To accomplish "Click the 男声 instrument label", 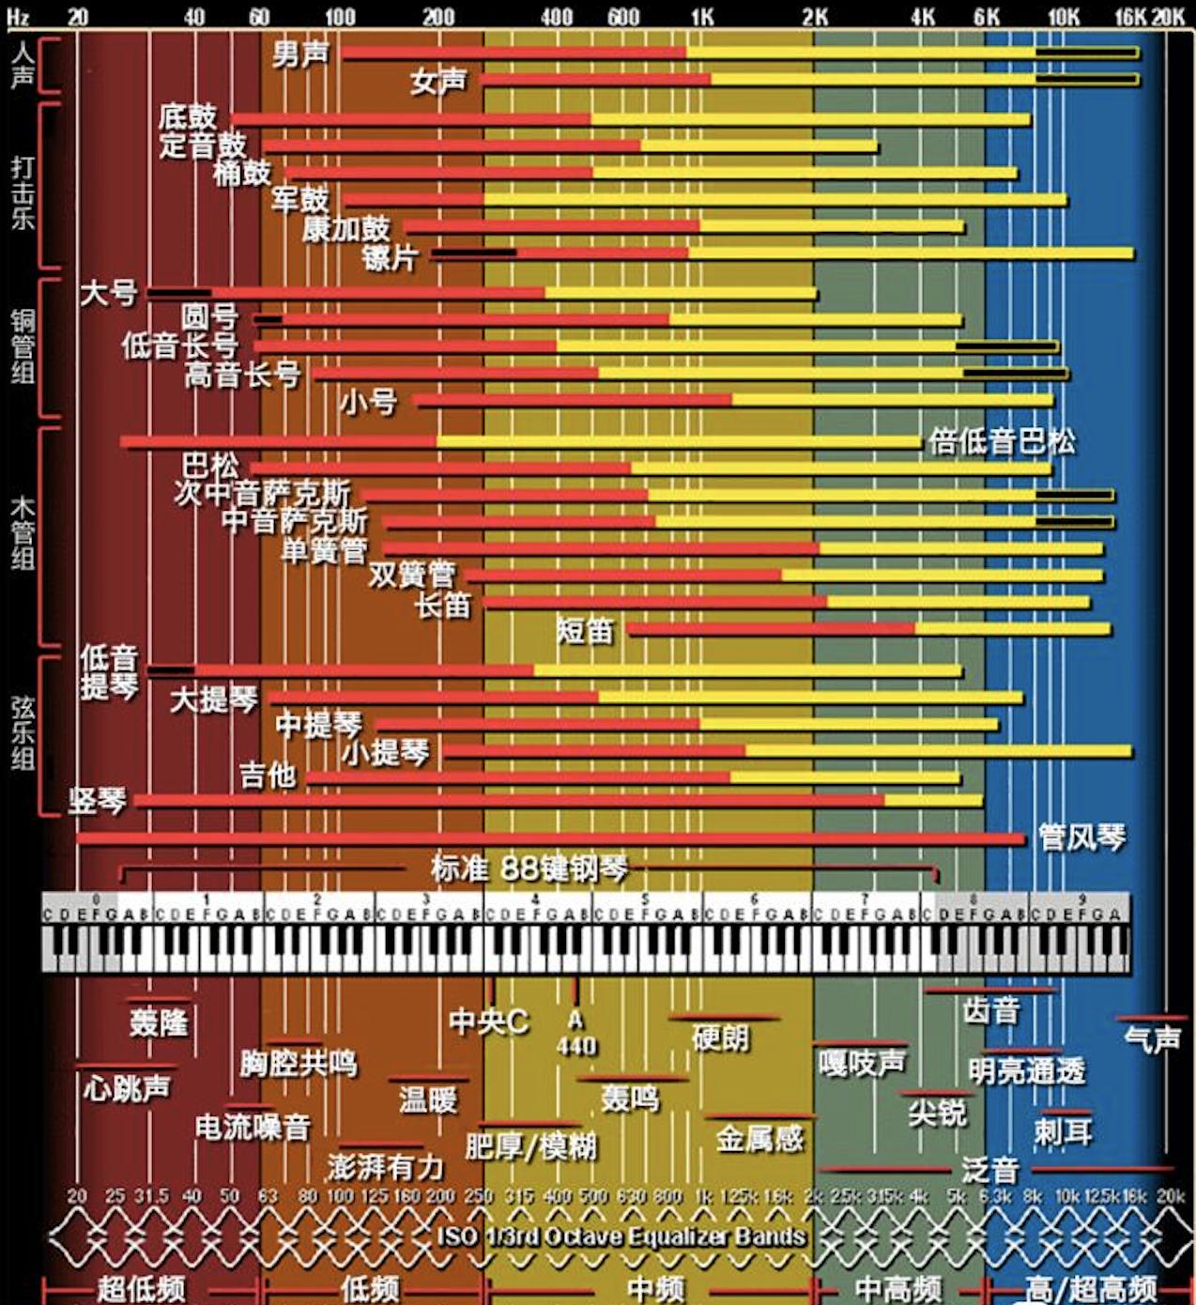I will pos(300,54).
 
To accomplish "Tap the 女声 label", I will pos(437,82).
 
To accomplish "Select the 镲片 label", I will pos(390,256).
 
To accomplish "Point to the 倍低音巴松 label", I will pos(1001,441).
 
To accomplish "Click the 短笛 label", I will pos(584,631).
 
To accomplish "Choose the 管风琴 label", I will pos(1081,837).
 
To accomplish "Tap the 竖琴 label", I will pos(97,801).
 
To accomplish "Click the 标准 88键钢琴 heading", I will pos(529,868).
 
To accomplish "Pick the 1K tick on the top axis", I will pos(701,16).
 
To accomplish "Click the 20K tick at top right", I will pos(1168,16).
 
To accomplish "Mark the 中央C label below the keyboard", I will pos(488,1021).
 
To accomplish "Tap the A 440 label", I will pos(575,1034).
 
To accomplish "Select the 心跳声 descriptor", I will pos(127,1088).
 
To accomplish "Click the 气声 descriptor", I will pos(1151,1039).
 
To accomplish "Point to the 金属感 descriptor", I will pos(759,1139).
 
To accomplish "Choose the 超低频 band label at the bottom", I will pos(141,1288).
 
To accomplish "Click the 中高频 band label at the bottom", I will pos(897,1288).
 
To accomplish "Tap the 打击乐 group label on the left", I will pos(23,192).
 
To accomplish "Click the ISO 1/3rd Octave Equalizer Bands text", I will pos(621,1236).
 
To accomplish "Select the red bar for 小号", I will pos(573,401).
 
